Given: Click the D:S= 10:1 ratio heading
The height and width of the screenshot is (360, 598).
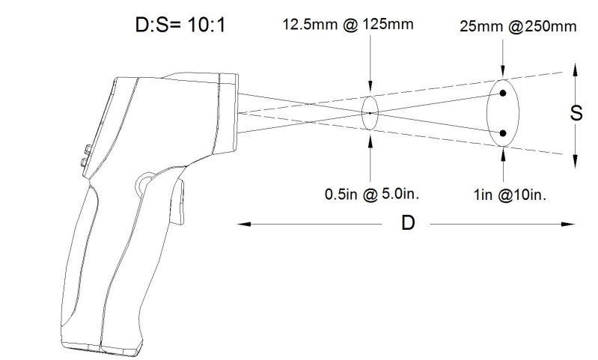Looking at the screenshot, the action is pyautogui.click(x=180, y=25).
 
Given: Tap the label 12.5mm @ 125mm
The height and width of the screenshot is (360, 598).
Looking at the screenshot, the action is pyautogui.click(x=348, y=25).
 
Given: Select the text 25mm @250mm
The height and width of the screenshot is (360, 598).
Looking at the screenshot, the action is pyautogui.click(x=518, y=26).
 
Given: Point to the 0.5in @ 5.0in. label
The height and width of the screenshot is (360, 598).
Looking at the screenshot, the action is pyautogui.click(x=372, y=194).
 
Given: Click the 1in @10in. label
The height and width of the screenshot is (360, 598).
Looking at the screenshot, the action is pyautogui.click(x=510, y=195).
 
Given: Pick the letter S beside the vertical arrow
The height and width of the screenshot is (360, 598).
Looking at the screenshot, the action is pyautogui.click(x=576, y=113).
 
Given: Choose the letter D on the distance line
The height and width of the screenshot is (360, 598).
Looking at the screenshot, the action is pyautogui.click(x=408, y=223).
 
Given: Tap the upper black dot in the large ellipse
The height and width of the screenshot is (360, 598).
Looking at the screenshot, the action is pyautogui.click(x=503, y=93).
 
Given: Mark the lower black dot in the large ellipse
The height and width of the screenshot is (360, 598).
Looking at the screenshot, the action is pyautogui.click(x=503, y=133).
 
